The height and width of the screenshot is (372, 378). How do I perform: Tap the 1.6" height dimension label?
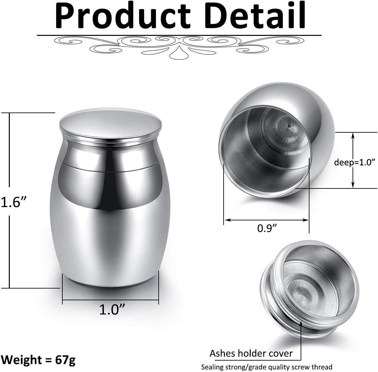coord(13,202)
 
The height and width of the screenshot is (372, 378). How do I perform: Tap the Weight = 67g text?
coord(38,360)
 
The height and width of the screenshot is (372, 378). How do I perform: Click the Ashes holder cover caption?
coord(251,353)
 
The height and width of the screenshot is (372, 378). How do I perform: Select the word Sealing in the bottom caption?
coord(213,367)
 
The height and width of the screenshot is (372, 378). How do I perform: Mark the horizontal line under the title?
coord(179,35)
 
